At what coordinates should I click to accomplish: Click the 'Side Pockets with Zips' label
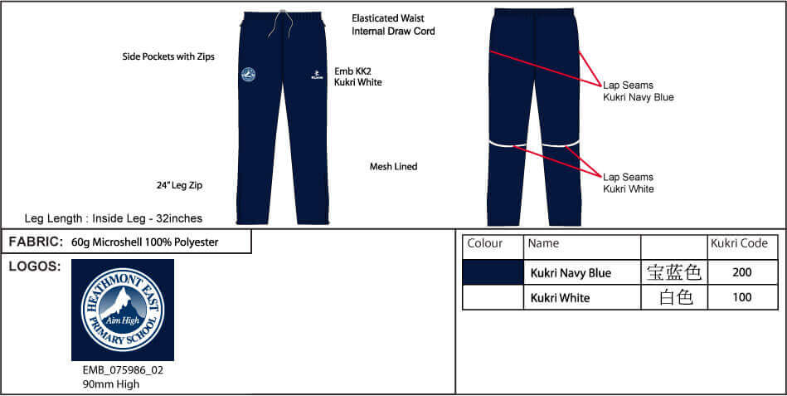point(168,56)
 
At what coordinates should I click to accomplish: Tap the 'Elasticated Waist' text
point(388,18)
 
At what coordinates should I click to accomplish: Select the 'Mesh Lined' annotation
point(393,166)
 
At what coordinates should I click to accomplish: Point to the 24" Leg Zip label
point(179,185)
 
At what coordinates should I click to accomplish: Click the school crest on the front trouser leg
point(248,75)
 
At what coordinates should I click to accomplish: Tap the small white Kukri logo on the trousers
point(316,75)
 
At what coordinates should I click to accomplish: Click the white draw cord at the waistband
point(282,23)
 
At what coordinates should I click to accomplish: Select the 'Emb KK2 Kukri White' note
point(358,76)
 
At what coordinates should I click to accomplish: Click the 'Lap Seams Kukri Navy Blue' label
point(639,91)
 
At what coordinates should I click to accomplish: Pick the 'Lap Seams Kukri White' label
point(629,183)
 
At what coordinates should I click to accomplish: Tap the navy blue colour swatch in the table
point(493,273)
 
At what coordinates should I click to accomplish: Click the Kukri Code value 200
point(742,272)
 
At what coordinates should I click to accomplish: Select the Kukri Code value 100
point(742,297)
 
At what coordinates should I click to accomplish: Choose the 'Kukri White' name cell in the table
point(560,298)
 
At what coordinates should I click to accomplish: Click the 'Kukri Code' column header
point(740,243)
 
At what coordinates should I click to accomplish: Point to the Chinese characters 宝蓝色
point(673,273)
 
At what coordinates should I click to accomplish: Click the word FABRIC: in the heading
point(36,242)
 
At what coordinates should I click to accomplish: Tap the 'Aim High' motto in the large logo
point(123,320)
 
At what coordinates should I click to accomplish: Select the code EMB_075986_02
point(123,370)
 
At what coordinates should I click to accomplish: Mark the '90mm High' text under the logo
point(111,384)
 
